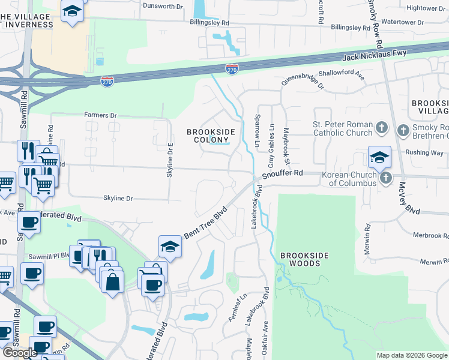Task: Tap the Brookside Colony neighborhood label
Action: click(x=209, y=136)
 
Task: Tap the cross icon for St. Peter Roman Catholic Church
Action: click(x=381, y=128)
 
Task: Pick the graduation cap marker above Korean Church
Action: click(x=379, y=158)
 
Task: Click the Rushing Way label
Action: click(x=428, y=153)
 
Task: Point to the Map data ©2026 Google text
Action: click(x=412, y=355)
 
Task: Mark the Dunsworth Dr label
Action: click(x=163, y=7)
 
